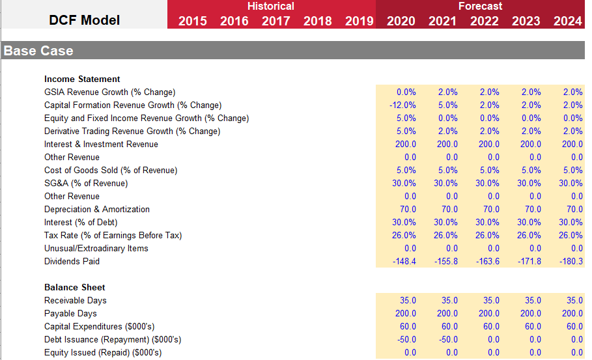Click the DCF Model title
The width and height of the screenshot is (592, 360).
pyautogui.click(x=84, y=20)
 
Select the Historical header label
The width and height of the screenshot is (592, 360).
pyautogui.click(x=270, y=7)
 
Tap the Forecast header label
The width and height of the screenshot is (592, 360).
pyautogui.click(x=480, y=7)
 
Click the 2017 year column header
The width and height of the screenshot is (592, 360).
pyautogui.click(x=275, y=21)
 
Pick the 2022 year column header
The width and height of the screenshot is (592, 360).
pyautogui.click(x=484, y=21)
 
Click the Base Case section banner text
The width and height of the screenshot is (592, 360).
pyautogui.click(x=38, y=51)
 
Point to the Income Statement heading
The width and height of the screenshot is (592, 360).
pyautogui.click(x=82, y=79)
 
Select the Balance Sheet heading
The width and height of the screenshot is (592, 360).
pyautogui.click(x=74, y=287)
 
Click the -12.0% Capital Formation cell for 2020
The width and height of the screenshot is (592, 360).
pyautogui.click(x=402, y=105)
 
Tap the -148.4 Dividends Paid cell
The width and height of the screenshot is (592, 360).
pyautogui.click(x=403, y=261)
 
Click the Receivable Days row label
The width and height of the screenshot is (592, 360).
pyautogui.click(x=75, y=300)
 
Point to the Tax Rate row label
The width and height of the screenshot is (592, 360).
pyautogui.click(x=113, y=235)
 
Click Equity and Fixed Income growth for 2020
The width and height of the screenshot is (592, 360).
pyautogui.click(x=406, y=118)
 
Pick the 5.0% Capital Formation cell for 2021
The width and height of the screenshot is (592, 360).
pyautogui.click(x=447, y=105)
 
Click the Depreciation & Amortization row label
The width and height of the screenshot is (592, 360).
pyautogui.click(x=96, y=209)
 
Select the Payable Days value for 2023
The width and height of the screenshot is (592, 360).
pyautogui.click(x=530, y=313)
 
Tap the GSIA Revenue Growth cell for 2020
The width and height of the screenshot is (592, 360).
pyautogui.click(x=406, y=92)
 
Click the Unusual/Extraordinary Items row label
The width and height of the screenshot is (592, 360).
pyautogui.click(x=96, y=248)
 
